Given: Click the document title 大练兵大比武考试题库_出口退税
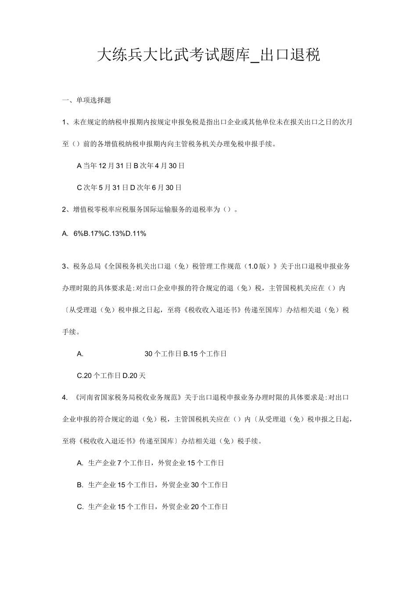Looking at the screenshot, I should [208, 55].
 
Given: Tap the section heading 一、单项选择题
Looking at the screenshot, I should [87, 100].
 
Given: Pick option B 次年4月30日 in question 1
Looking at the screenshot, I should [159, 166].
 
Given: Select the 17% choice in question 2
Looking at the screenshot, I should [94, 234].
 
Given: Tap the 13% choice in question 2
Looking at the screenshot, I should [115, 234].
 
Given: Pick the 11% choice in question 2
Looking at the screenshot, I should [136, 234].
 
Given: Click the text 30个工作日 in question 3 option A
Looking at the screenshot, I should [163, 354].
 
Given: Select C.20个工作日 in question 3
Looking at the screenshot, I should [99, 376].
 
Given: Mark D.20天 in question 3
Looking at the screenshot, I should [134, 376].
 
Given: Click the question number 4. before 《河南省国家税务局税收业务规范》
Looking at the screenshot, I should [65, 398].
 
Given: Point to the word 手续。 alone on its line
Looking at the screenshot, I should [71, 332].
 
